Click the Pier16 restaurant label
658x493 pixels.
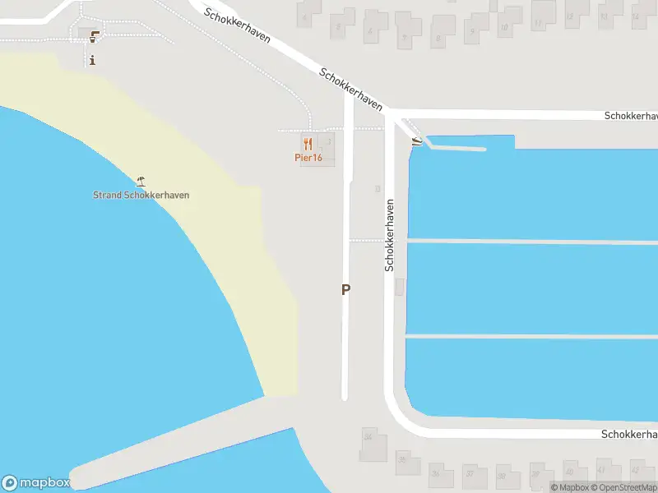[308, 158]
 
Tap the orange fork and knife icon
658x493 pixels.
[308, 144]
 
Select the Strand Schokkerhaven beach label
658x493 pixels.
[141, 196]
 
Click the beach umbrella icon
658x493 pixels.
[141, 181]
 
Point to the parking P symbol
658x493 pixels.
[345, 289]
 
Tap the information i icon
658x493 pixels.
[93, 59]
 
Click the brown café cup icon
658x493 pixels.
[95, 35]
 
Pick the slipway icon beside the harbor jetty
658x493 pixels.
[417, 142]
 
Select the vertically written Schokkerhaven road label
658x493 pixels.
[390, 235]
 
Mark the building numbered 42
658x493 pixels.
[635, 470]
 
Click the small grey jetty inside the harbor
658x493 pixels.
[456, 149]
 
